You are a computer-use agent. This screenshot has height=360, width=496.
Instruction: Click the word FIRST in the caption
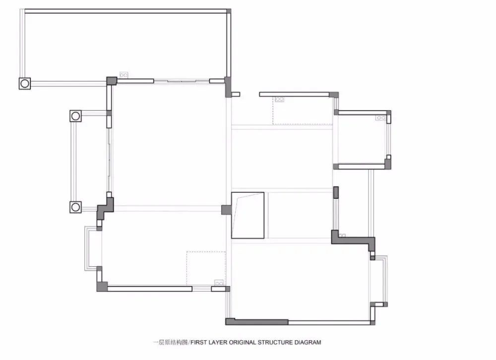[199, 342]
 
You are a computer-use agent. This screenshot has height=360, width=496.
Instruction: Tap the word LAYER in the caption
[218, 342]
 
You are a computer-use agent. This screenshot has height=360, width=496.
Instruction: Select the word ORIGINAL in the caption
[243, 342]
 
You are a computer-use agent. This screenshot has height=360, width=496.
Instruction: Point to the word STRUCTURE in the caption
[275, 342]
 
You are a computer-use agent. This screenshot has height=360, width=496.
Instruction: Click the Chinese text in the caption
[170, 342]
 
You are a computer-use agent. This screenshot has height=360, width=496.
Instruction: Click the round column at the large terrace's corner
[25, 83]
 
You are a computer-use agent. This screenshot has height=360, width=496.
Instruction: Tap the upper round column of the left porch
[75, 116]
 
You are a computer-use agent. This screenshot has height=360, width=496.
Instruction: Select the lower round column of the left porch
[75, 207]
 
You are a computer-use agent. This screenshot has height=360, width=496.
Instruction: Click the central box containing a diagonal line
[248, 215]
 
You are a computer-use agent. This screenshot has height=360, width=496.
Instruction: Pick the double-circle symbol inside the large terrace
[124, 75]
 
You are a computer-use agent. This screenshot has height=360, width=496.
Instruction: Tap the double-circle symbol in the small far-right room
[380, 118]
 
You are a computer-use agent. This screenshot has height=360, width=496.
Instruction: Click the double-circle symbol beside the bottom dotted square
[219, 283]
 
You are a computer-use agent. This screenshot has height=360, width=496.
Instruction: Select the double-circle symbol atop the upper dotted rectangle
[280, 99]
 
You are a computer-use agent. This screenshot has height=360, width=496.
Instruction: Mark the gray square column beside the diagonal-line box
[226, 210]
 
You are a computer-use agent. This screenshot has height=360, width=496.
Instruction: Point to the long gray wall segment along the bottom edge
[257, 322]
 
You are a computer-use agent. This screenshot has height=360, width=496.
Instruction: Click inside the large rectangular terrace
[125, 44]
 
